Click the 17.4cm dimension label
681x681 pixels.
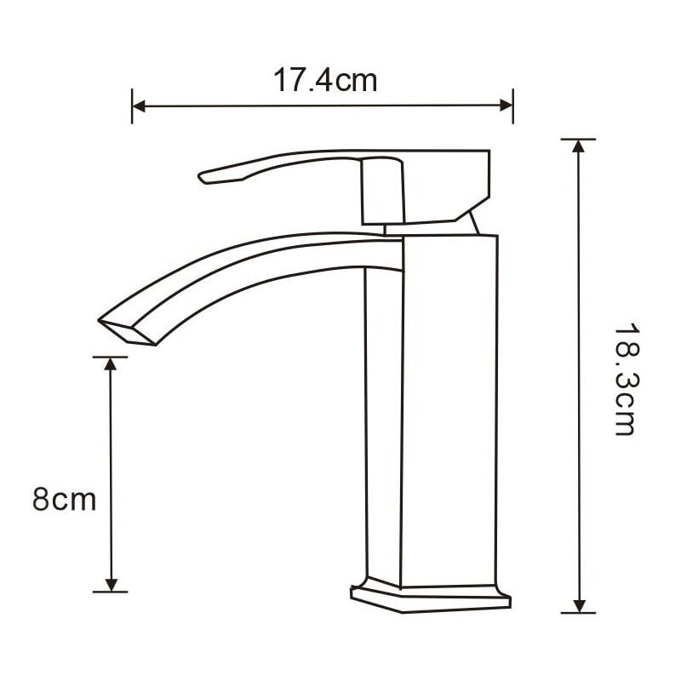coord(324,81)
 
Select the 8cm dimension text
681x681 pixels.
coord(65,499)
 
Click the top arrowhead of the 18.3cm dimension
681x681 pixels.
coord(579,146)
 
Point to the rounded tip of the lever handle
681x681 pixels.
coord(204,177)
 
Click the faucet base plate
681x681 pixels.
coord(431,597)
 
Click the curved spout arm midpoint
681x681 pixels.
coord(255,264)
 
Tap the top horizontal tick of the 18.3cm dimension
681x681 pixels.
coord(579,139)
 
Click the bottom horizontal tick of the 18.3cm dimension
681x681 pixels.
coord(579,612)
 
